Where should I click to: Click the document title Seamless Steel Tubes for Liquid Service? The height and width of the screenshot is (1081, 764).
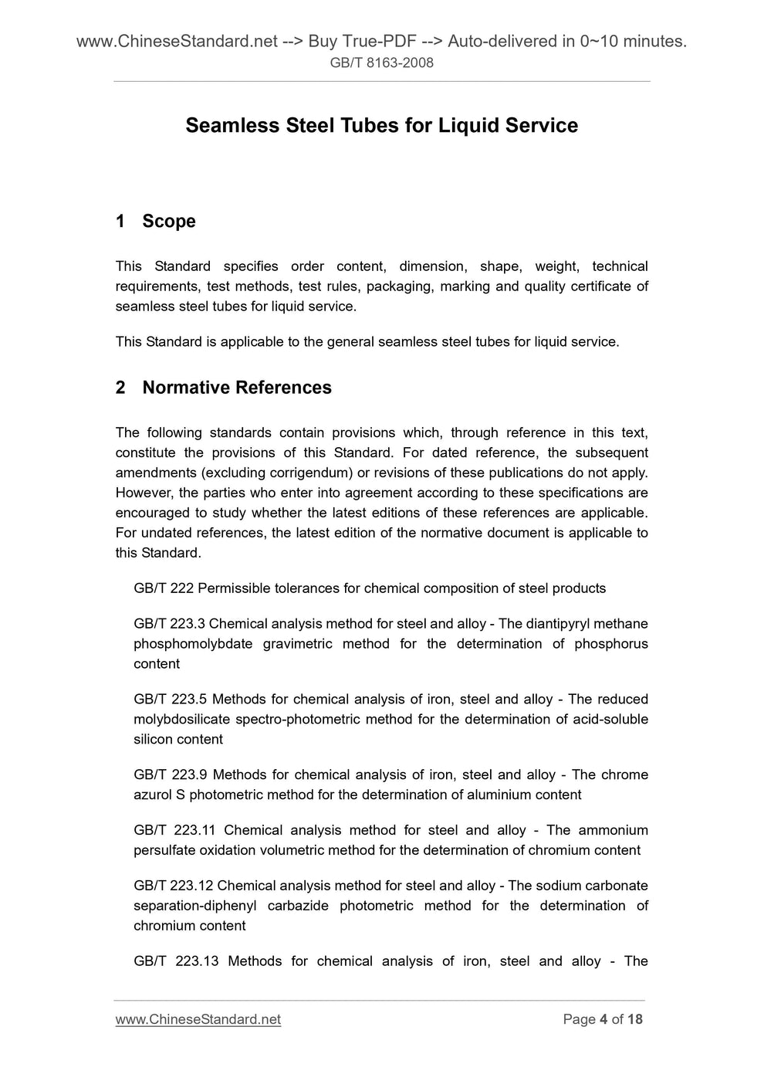(381, 126)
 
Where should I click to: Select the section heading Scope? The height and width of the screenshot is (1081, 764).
(168, 222)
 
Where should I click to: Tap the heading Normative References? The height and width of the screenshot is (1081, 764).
(237, 388)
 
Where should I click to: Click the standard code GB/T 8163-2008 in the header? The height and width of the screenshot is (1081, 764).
(381, 63)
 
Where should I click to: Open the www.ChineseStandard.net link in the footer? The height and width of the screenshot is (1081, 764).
(198, 1019)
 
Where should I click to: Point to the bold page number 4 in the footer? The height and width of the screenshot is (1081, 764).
(603, 1019)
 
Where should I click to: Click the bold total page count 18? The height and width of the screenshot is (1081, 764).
(635, 1019)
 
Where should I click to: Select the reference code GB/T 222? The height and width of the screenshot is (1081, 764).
(164, 588)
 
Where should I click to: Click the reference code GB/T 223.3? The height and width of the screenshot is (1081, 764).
(169, 624)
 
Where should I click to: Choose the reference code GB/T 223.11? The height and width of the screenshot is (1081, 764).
(174, 831)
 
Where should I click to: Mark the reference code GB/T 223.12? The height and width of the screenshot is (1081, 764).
(173, 886)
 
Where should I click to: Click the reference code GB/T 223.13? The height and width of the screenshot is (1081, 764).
(176, 962)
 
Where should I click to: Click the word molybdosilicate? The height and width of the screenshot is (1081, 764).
(180, 720)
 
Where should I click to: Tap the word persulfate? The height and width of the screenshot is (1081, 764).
(164, 851)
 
